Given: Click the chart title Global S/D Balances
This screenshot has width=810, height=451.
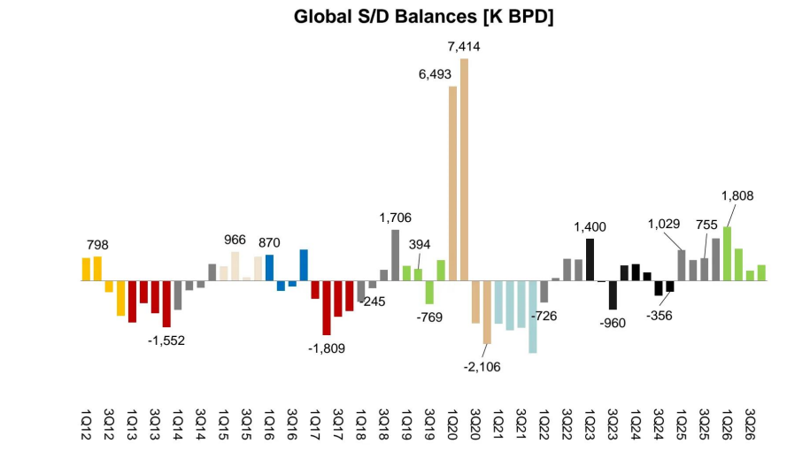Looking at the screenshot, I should coord(424,17).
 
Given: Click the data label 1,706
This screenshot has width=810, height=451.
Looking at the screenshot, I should coord(395,218).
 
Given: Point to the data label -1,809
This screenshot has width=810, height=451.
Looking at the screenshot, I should coord(327,348).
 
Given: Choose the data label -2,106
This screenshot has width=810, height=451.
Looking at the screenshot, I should coord(482,367).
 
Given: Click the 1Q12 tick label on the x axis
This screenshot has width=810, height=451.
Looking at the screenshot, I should coord(86,424).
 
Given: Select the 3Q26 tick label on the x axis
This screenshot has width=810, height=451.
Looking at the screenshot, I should coord(750,424).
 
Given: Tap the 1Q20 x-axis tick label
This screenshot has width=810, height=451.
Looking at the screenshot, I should coord(452,424).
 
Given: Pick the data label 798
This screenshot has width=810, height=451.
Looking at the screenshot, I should coord(97,244).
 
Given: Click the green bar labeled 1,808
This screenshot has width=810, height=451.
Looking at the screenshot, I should coord(727,254).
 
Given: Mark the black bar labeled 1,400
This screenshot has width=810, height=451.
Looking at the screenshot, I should coord(590,259).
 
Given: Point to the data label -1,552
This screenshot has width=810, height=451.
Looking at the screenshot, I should coord(166,340).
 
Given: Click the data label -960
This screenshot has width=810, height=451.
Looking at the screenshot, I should coord(612,323).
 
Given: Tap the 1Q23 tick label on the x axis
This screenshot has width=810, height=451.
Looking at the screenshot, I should coord(590,424).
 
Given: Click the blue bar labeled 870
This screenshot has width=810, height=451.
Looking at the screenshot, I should coord(269,267).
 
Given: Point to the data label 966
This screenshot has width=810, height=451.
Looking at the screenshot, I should coord(235,240).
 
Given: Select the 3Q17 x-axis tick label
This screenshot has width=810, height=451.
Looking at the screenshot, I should coord(337,424).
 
